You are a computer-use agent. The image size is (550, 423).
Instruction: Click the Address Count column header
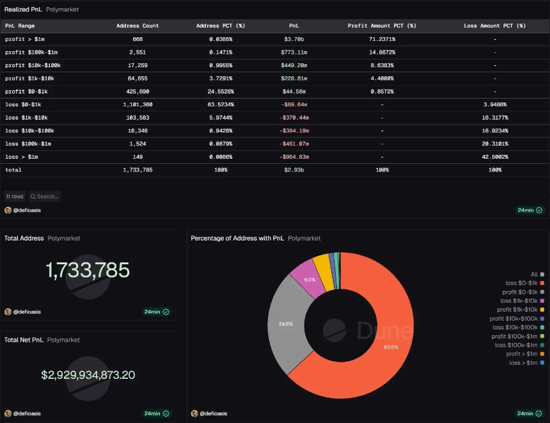coord(137,26)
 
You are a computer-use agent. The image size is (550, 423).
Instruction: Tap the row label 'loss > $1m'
coord(22,157)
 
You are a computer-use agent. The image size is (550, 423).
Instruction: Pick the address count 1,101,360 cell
coord(137,104)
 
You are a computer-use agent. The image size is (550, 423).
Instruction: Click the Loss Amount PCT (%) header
coord(494,26)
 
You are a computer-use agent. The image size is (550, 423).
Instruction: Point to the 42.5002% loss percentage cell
coord(494,157)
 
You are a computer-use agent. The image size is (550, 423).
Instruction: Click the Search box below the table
coord(44,196)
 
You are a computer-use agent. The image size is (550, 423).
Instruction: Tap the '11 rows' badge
coord(15,196)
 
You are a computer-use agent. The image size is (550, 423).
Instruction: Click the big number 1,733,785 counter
coord(88,271)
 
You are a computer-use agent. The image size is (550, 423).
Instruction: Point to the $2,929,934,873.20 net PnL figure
coord(88,375)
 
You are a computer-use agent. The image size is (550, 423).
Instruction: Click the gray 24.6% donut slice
coord(285,324)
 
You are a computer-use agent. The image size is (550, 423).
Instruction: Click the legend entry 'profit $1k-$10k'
coord(518,310)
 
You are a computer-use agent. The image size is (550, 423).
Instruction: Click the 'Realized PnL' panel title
coord(23,10)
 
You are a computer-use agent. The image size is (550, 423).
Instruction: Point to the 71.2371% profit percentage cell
coord(382,39)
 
